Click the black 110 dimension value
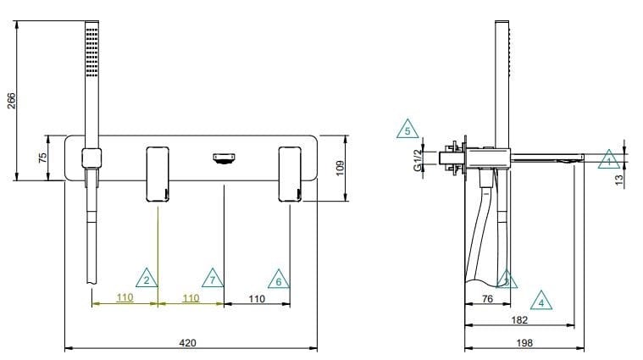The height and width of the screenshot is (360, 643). (256, 298)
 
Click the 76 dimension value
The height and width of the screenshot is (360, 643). (488, 298)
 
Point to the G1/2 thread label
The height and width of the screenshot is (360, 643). (417, 159)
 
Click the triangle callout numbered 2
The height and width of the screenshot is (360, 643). (147, 278)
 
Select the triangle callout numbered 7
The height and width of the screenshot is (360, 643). (213, 278)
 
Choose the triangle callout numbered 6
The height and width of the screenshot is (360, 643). (277, 278)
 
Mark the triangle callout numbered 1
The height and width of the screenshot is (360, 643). (607, 158)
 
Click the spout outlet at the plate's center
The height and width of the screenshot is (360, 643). (223, 158)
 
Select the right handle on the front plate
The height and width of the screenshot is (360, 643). (290, 174)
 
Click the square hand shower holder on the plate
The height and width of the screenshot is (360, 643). (91, 157)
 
